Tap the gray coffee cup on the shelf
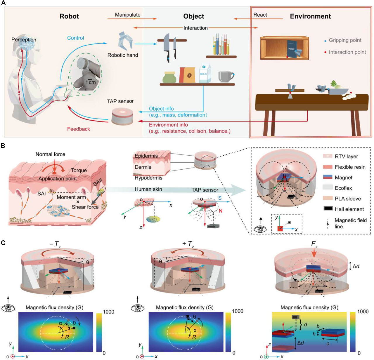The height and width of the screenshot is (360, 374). (x=226, y=77)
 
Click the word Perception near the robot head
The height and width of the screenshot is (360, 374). (x=24, y=39)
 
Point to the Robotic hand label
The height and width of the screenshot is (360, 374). (x=123, y=55)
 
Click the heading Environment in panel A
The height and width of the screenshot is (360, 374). (x=310, y=16)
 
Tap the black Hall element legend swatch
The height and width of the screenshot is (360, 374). (x=328, y=208)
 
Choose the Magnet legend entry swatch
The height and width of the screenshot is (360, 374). (x=328, y=177)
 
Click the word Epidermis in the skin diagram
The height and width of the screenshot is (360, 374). (x=146, y=156)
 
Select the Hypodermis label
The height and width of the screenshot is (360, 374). (x=148, y=178)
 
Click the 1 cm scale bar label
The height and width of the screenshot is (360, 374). (x=91, y=82)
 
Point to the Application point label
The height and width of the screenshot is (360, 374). (x=58, y=178)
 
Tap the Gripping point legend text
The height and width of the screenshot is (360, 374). (x=345, y=40)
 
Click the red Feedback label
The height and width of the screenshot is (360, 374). (x=79, y=129)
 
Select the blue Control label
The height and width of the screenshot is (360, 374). (x=75, y=38)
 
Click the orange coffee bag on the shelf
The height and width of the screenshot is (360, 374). (x=187, y=75)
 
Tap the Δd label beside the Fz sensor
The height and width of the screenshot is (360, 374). (x=356, y=266)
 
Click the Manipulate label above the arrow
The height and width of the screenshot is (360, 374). (x=128, y=15)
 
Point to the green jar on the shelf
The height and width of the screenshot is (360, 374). (x=169, y=77)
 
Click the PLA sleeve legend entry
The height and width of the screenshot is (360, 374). (x=348, y=199)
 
